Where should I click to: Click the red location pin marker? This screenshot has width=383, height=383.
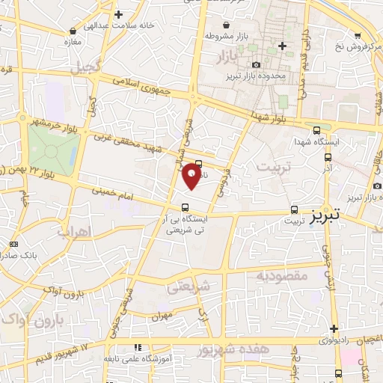[x=192, y=176]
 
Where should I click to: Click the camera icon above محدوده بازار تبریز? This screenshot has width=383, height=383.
[x=257, y=66]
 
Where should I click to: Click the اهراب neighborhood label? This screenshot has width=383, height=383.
[x=94, y=231]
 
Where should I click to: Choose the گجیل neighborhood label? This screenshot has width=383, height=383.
[x=86, y=67]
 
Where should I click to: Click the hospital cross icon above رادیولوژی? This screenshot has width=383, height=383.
[x=334, y=328]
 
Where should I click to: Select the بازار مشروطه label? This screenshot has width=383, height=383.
[x=230, y=36]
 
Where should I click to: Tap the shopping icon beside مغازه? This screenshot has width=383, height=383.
[x=73, y=31]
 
